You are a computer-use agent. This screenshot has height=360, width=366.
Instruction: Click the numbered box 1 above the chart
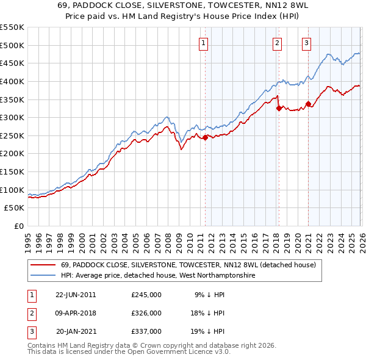click(203, 43)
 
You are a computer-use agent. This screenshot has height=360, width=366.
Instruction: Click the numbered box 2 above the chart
click(277, 43)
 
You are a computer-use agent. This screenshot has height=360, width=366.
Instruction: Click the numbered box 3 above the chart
click(306, 43)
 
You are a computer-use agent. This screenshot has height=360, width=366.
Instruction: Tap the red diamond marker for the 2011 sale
click(205, 137)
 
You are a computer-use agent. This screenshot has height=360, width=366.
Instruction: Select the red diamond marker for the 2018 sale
click(279, 109)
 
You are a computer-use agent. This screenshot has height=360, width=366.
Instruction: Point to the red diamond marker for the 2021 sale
click(309, 104)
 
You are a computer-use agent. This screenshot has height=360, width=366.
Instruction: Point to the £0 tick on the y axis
click(20, 226)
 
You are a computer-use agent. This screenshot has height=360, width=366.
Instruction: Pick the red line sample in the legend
click(43, 265)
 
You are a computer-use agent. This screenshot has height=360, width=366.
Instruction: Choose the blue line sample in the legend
click(43, 276)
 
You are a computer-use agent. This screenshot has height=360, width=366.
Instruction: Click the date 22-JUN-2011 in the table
click(76, 295)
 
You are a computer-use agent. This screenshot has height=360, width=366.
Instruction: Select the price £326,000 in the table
click(146, 313)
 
